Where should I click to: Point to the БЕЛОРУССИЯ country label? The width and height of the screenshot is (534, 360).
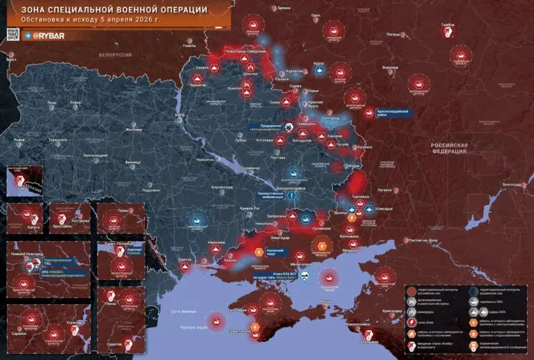pos(115,54)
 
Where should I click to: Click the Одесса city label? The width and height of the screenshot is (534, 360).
pos(186,259)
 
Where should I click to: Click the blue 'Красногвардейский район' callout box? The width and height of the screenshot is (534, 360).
pos(396,111)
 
